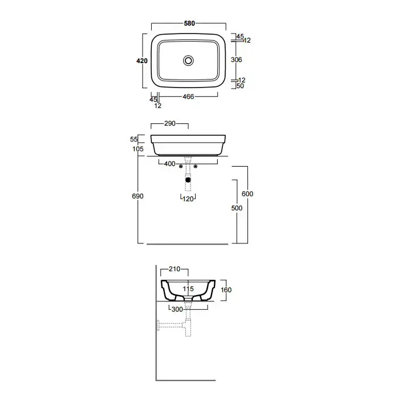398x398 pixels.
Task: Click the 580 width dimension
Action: tap(189, 23)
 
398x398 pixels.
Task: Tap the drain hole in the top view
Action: tap(189, 60)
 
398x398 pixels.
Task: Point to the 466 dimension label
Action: tap(189, 97)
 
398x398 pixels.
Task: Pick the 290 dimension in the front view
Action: tap(169, 123)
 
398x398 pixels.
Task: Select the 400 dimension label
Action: tap(169, 164)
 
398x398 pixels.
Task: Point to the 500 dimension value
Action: tap(237, 208)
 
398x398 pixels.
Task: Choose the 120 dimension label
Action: tap(188, 198)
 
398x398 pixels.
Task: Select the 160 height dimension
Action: tap(226, 290)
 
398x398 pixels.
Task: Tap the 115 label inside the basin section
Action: tap(188, 289)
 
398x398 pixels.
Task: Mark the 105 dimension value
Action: tap(137, 149)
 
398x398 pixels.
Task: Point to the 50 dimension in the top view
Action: tap(240, 86)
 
